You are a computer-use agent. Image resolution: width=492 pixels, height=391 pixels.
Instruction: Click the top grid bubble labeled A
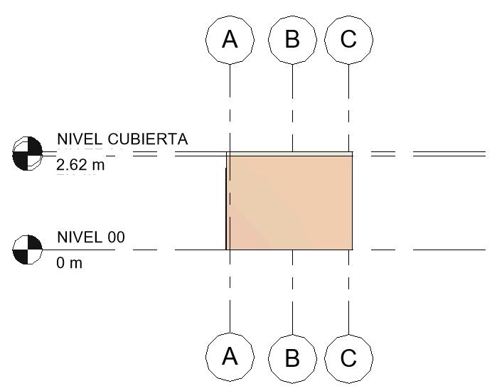point(230,39)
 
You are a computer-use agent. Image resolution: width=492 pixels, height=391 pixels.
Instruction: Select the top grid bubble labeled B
point(292,39)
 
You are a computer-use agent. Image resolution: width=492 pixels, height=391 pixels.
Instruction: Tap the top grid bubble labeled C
point(348,39)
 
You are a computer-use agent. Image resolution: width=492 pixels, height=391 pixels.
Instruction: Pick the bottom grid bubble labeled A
point(230,356)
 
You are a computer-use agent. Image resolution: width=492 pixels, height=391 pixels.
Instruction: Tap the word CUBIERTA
point(148,139)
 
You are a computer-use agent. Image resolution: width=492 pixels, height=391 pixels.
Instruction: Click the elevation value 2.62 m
point(80,166)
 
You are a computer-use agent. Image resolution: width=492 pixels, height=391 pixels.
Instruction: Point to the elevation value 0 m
point(70,263)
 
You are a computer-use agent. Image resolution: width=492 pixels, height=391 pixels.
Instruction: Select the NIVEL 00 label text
point(90,237)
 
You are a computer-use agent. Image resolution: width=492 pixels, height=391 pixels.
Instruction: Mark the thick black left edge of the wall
point(226,206)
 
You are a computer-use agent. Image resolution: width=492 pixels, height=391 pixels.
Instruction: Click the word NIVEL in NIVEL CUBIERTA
point(80,139)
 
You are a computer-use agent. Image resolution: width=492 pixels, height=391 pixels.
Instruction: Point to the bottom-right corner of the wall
point(352,250)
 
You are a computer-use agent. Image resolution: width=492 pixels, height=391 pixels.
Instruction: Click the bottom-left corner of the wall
point(227,250)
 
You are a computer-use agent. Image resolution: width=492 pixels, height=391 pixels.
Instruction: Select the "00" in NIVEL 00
point(115,237)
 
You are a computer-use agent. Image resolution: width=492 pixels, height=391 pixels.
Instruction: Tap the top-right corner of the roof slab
point(353,151)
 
